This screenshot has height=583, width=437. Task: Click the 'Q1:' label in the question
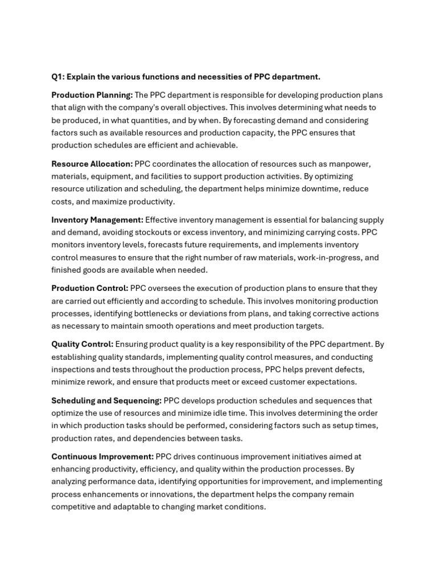point(58,77)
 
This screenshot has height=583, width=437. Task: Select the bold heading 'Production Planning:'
point(92,95)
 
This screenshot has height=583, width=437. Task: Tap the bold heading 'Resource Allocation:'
point(92,164)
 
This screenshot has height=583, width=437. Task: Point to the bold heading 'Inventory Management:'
point(97,220)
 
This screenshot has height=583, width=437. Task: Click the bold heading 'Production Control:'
point(90,289)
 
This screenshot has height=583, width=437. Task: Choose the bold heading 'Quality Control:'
point(83,344)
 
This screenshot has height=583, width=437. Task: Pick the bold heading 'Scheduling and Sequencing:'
point(106,401)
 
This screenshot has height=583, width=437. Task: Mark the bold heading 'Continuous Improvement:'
point(102,457)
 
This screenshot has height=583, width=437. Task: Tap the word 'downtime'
point(303,189)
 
